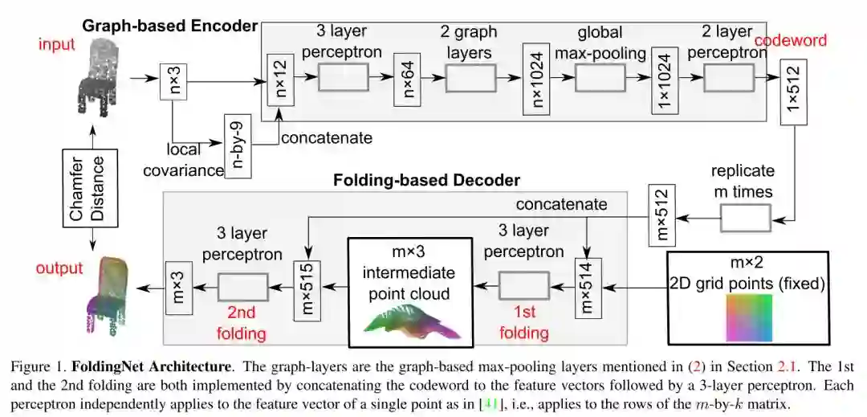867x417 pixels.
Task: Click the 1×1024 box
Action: coord(662,79)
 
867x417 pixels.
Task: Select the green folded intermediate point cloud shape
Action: coord(407,317)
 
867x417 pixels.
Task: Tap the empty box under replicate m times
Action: coord(743,216)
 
